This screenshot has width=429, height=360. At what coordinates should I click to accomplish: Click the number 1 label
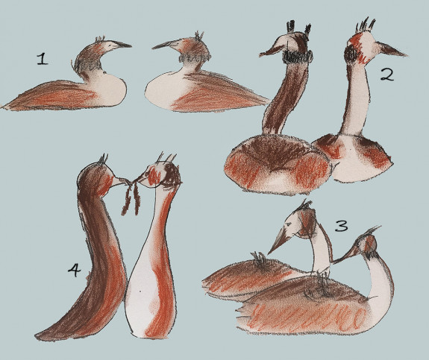pyautogui.click(x=42, y=59)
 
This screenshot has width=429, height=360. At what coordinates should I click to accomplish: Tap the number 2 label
pyautogui.click(x=387, y=75)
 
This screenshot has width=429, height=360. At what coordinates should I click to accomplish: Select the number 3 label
pyautogui.click(x=342, y=226)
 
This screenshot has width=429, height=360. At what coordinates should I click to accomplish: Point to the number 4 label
pyautogui.click(x=74, y=270)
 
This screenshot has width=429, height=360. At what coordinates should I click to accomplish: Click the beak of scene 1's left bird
pyautogui.click(x=122, y=45)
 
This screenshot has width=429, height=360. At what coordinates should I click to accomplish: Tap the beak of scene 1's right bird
pyautogui.click(x=162, y=45)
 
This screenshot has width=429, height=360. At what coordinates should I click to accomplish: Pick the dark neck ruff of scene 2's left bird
pyautogui.click(x=298, y=56)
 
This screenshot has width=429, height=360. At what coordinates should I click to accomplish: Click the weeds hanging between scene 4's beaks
pyautogui.click(x=131, y=198)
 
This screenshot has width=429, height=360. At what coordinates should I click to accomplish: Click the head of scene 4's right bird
pyautogui.click(x=162, y=175)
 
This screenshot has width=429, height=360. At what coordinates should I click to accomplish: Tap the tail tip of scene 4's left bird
pyautogui.click(x=38, y=335)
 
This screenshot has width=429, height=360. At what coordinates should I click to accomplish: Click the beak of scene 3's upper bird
pyautogui.click(x=278, y=241)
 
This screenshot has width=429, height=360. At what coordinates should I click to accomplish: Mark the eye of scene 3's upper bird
pyautogui.click(x=287, y=224)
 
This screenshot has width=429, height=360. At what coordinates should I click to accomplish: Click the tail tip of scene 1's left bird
pyautogui.click(x=4, y=107)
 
